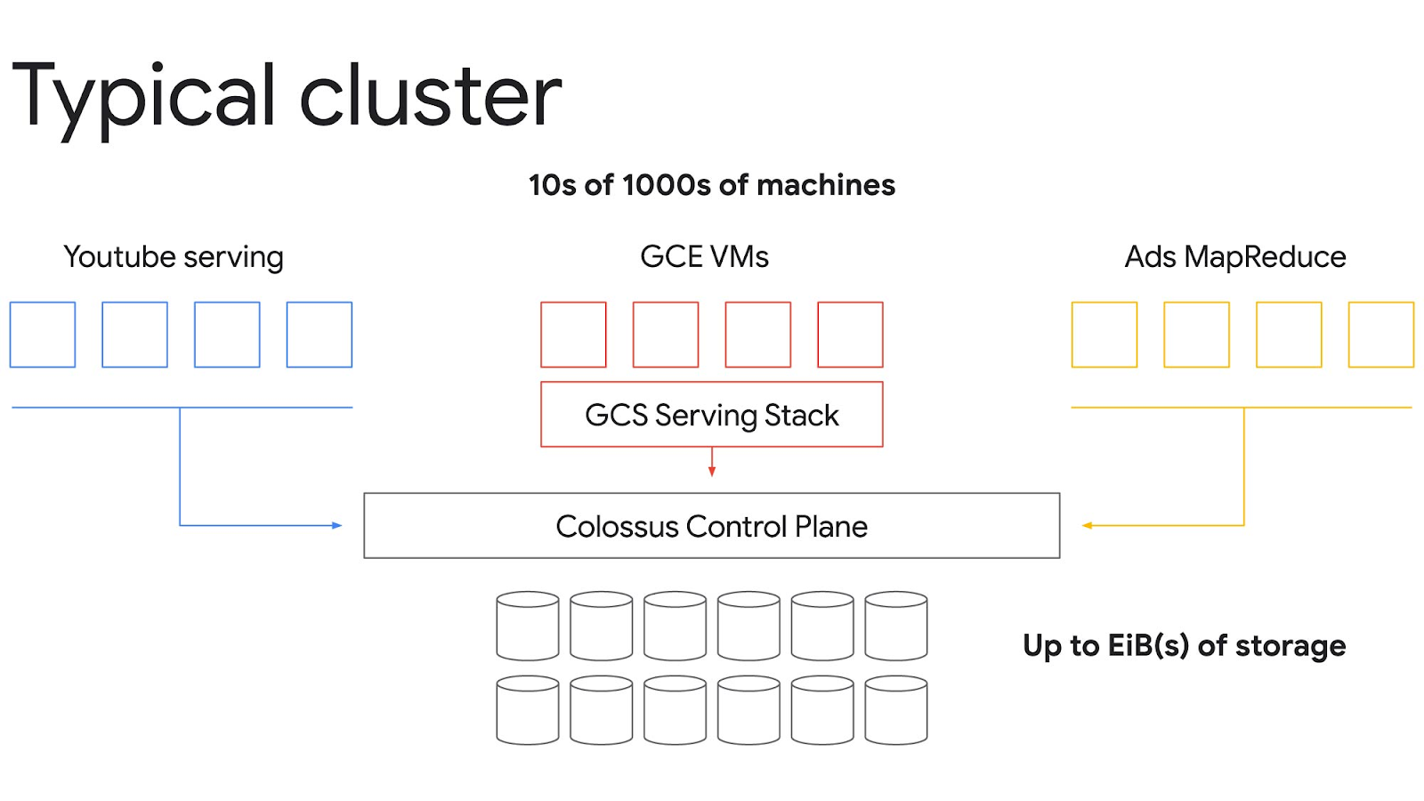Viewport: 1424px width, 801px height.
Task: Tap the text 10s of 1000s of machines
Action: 711,185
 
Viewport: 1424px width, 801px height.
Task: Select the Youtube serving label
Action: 174,257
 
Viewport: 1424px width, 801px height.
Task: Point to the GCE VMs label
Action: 704,257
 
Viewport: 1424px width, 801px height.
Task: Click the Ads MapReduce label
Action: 1234,257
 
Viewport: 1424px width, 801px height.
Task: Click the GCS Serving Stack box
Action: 711,415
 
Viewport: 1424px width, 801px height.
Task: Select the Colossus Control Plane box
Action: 711,526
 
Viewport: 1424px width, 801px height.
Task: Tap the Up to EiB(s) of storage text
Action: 1184,645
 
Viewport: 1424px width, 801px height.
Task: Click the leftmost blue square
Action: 43,335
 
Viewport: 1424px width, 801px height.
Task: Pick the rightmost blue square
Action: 320,335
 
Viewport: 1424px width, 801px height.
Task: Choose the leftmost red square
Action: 573,335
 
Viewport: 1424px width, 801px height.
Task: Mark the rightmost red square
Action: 850,335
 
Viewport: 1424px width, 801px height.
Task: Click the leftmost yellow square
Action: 1104,335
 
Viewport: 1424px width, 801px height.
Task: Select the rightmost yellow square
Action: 1380,335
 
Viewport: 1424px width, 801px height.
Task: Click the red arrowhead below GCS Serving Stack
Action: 711,471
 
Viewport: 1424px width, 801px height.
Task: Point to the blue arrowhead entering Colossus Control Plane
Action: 336,525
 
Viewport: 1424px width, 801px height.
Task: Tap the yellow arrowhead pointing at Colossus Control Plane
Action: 1087,525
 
